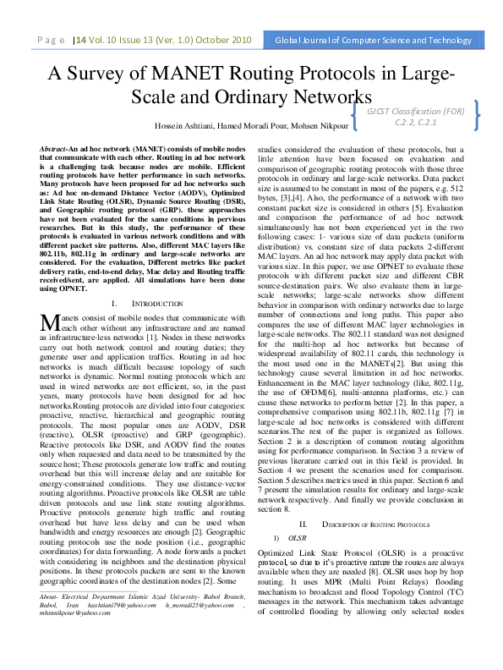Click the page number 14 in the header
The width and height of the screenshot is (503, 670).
(86, 39)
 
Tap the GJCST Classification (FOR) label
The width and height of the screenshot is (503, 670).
(415, 110)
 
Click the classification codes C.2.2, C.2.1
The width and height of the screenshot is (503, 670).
(414, 122)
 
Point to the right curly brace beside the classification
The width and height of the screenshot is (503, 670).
(479, 116)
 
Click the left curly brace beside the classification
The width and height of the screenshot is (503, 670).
(353, 116)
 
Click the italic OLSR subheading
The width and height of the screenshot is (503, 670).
(297, 513)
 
